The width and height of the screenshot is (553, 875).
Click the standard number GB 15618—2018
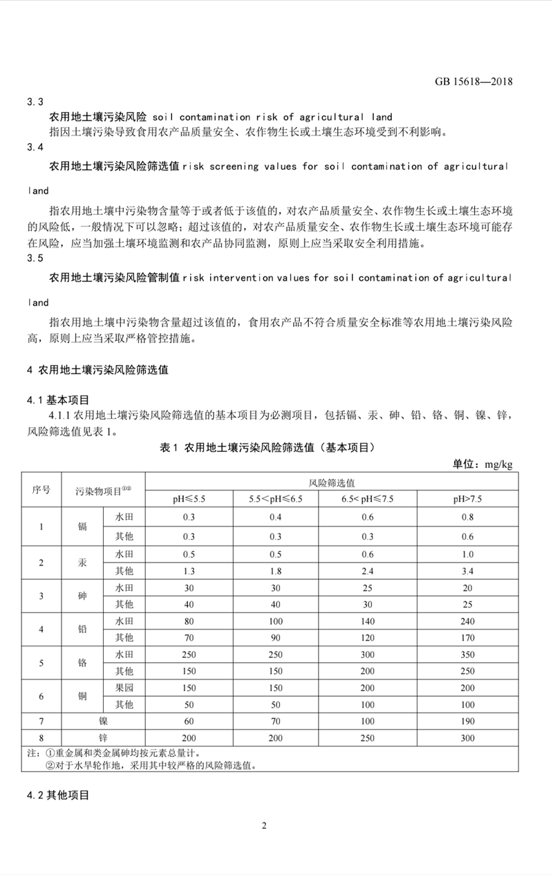474,81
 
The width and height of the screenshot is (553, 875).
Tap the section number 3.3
35,102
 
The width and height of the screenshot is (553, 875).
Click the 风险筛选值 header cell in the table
331,482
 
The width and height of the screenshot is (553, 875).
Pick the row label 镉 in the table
83,527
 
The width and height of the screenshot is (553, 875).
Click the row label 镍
104,722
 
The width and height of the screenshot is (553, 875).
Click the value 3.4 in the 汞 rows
468,571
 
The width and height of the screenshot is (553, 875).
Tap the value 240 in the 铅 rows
468,621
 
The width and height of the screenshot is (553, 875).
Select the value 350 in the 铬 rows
468,655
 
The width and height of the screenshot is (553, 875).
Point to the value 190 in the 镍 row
468,722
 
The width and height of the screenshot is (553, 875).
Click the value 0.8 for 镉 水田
468,517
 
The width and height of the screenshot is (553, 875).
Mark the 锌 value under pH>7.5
468,738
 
